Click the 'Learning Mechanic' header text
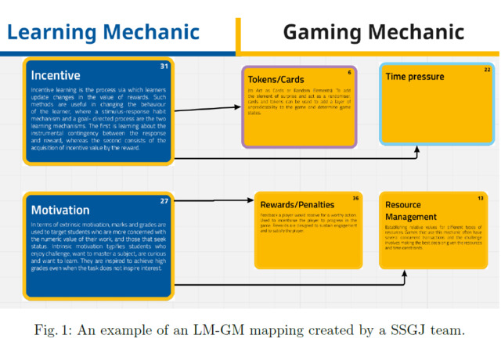pos(103,33)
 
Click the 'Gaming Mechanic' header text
pos(373,33)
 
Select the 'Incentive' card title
pos(56,77)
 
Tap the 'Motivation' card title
pos(60,210)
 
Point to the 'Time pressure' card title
pos(415,77)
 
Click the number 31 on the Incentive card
pos(164,67)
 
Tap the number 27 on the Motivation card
pos(164,201)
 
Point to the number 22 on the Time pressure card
pos(487,70)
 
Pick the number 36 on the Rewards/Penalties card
pos(356,198)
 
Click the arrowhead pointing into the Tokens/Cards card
pos(238,106)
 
